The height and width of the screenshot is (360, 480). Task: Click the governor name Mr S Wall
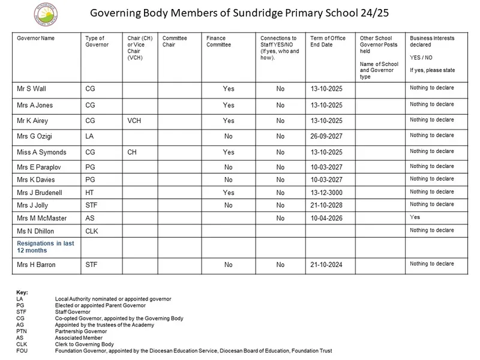coord(31,89)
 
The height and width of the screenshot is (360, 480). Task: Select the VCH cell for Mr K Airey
coord(134,120)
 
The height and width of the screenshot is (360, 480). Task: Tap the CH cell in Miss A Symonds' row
coord(132,152)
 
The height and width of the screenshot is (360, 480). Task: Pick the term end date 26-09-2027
coord(326,136)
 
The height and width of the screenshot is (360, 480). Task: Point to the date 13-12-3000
coord(326,193)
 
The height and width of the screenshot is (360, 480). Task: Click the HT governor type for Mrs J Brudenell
coord(90,193)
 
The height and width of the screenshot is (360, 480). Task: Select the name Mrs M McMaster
coord(42,218)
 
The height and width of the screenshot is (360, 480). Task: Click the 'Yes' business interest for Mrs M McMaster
coord(415,217)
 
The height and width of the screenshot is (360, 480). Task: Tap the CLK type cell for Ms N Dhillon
coord(93,231)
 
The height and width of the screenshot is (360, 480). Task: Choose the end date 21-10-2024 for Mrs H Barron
coord(326,264)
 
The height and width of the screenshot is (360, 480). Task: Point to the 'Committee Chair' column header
coord(175,41)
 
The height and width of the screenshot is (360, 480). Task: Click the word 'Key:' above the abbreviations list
coord(22,292)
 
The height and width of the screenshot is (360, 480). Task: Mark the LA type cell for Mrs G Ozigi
coord(89,136)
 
